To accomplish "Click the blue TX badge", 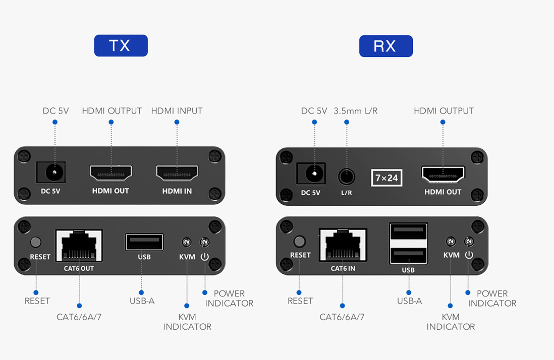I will (121, 46).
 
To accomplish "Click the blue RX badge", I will (385, 46).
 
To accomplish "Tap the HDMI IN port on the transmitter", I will (177, 173).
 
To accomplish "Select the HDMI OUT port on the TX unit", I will (111, 173).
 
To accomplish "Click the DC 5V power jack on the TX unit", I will (52, 173).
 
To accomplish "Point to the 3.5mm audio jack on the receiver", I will (346, 177).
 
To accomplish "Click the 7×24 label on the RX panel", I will (387, 177).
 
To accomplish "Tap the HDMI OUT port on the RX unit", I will (443, 174).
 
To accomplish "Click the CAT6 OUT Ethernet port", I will (79, 245).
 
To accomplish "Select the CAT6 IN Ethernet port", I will (343, 245).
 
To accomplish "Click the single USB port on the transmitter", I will (144, 242).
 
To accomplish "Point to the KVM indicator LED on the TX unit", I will (187, 243).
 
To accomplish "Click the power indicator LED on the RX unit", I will (469, 242).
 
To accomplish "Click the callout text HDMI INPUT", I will (177, 111).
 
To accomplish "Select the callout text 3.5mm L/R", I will (355, 111).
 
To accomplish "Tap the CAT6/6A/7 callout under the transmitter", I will (79, 317).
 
